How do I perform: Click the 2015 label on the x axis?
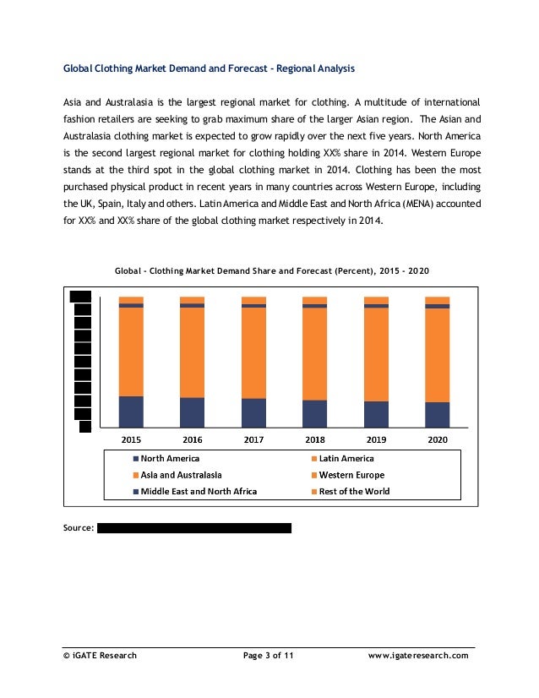131,440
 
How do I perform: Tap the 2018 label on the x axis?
315,440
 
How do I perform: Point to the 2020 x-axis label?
438,440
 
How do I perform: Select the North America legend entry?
170,459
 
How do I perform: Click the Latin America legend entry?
346,459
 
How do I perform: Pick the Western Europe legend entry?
351,475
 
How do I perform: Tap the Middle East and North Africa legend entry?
199,491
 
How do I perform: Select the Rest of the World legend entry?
354,491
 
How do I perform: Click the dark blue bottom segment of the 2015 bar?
131,412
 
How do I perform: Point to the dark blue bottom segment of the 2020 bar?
438,414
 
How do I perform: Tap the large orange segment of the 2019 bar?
376,354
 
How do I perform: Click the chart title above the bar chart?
272,271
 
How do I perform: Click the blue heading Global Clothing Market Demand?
210,67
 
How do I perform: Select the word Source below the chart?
79,528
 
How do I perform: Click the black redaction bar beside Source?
194,528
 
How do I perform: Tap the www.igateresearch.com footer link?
418,655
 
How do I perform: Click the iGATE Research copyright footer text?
100,655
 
